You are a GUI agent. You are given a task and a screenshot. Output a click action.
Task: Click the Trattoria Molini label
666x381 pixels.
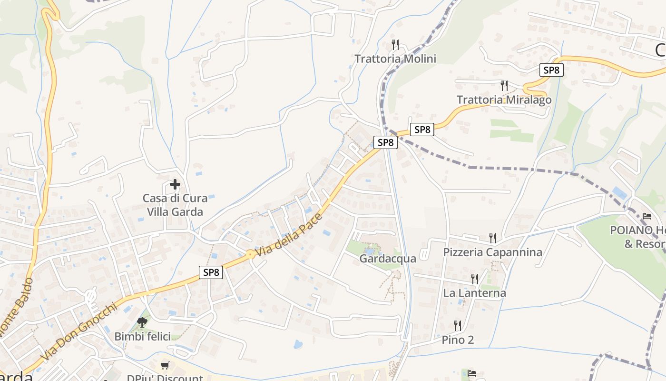[395, 59]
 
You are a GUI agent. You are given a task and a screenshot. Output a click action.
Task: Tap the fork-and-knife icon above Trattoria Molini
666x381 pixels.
[395, 45]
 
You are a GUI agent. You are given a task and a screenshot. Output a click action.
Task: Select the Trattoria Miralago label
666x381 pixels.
[504, 100]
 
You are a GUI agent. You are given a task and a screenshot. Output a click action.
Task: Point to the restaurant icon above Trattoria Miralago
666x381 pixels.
[504, 86]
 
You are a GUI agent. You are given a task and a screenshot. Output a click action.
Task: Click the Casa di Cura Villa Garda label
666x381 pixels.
[175, 205]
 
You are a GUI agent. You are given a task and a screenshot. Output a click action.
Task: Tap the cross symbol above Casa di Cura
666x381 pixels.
[175, 184]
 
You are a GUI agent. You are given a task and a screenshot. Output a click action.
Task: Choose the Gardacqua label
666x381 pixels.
[388, 259]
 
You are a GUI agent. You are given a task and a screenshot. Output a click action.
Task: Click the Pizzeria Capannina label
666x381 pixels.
[492, 252]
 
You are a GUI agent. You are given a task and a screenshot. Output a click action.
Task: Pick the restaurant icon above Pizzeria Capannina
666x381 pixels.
[493, 238]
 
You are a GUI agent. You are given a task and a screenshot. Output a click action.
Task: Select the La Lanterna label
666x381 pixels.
[474, 293]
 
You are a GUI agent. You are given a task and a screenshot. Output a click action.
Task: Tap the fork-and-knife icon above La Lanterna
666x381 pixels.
[475, 279]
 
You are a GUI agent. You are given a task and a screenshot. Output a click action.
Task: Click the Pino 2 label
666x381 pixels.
[458, 340]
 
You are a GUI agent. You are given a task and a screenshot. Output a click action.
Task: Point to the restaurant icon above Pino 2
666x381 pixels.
[458, 326]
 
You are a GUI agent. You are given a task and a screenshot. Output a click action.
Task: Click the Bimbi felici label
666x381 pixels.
[142, 336]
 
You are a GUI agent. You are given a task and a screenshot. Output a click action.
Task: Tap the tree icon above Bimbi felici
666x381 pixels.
[142, 322]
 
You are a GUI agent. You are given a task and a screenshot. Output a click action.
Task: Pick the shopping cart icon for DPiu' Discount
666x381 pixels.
[165, 365]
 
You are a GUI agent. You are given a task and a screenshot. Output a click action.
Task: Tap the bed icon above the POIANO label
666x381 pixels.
[646, 216]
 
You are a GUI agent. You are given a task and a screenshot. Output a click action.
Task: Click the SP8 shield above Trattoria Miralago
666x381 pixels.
[552, 70]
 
